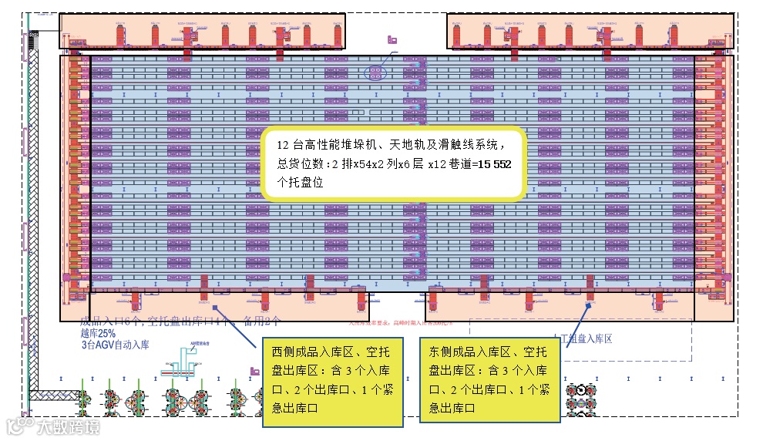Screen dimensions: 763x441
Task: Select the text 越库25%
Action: point(98,334)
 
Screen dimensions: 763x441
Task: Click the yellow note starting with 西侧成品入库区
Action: point(332,379)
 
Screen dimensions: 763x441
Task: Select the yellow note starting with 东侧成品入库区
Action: point(489,379)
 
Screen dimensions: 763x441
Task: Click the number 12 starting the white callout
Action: point(283,145)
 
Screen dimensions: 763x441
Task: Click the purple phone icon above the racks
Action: point(392,39)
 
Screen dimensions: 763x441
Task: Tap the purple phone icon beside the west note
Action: point(254,371)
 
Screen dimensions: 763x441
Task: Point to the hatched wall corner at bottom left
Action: point(42,396)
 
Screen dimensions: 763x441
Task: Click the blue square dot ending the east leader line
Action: point(588,305)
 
